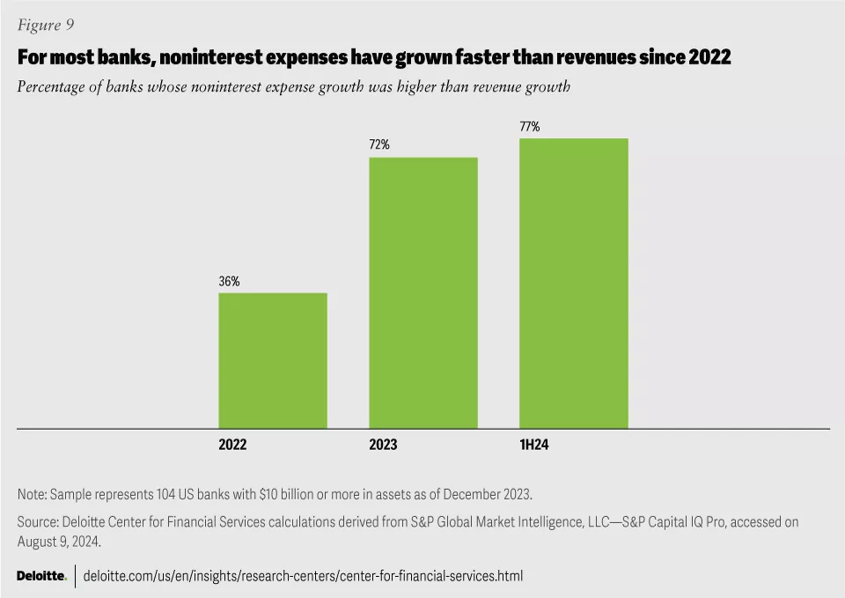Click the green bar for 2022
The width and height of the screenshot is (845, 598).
(x=273, y=360)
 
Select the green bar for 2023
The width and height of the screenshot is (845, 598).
(x=423, y=292)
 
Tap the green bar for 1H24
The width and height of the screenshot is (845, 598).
(x=574, y=283)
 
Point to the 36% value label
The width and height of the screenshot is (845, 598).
(x=229, y=282)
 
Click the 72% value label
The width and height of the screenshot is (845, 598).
(x=379, y=144)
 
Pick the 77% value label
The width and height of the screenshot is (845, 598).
(x=530, y=127)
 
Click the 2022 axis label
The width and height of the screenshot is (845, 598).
(x=232, y=445)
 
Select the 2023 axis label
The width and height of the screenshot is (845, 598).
(x=383, y=445)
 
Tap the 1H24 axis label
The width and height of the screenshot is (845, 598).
(x=533, y=445)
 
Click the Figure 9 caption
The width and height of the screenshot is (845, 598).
(x=44, y=24)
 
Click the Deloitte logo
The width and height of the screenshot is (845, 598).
(x=41, y=576)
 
